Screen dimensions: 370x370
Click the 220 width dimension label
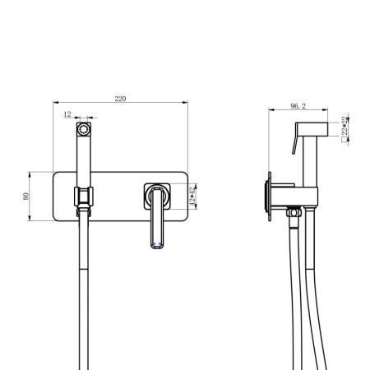[120, 99]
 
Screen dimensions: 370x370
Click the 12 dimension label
[67, 115]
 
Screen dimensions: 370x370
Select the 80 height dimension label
[26, 196]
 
